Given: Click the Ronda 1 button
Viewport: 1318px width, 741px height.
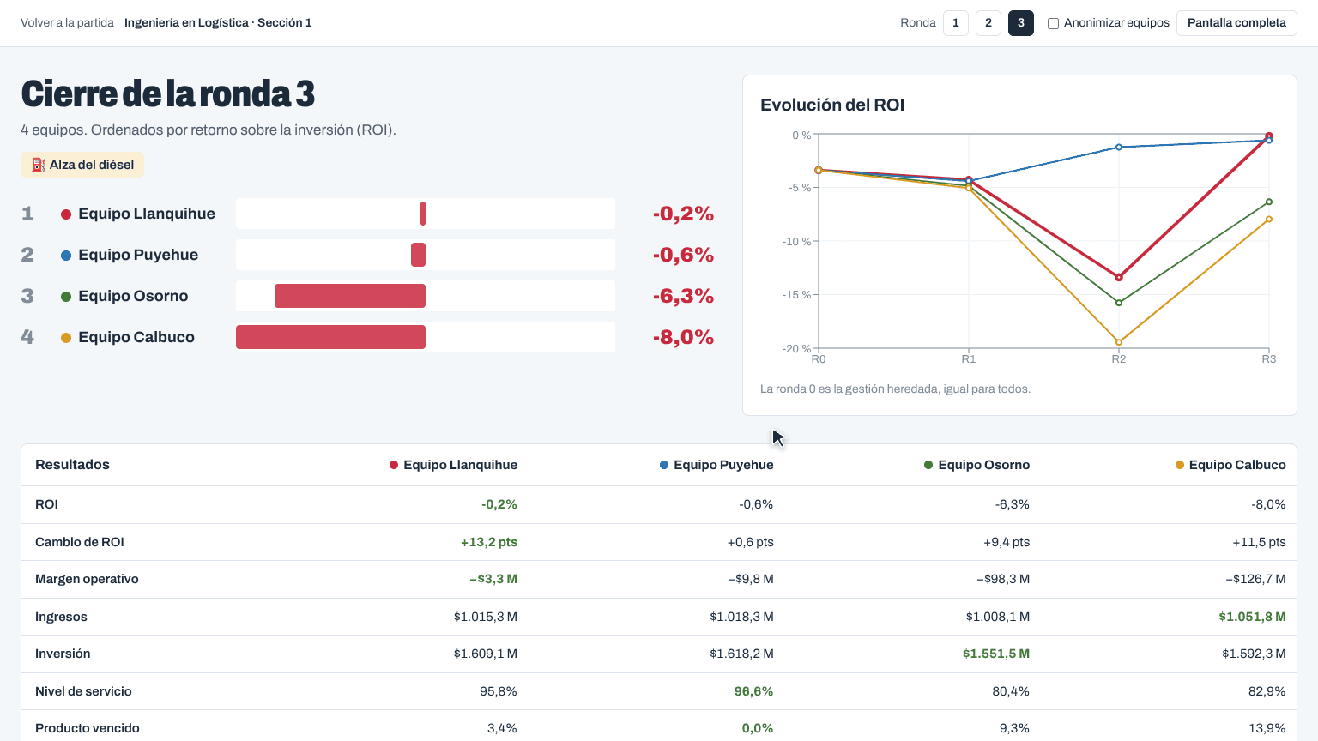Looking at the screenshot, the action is click(956, 23).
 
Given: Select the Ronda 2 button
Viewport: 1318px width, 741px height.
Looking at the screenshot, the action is click(988, 23).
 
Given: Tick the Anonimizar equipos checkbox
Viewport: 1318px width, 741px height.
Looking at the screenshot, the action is click(1053, 23).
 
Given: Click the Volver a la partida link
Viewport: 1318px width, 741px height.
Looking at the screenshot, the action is click(67, 23).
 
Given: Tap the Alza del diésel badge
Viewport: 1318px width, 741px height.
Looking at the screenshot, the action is click(82, 165).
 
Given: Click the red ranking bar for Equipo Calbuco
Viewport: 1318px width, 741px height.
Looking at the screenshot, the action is click(330, 337).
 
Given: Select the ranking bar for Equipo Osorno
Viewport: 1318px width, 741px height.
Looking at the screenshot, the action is click(350, 296).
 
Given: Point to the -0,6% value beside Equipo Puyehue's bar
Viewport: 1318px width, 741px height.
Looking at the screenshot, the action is click(683, 255).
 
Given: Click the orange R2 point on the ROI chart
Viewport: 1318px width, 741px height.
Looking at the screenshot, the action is click(1119, 342).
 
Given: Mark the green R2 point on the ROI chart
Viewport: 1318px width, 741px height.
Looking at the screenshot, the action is click(1119, 303).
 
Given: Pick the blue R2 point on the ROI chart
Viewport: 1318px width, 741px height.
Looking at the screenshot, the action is click(1119, 147).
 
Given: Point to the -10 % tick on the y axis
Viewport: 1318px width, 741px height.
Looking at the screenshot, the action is click(796, 241).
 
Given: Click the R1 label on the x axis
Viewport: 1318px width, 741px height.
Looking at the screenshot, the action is click(969, 358).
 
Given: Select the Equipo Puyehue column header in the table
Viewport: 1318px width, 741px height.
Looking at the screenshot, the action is click(716, 465).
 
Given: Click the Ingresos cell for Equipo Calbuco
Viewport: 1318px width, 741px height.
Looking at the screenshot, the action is click(1252, 617).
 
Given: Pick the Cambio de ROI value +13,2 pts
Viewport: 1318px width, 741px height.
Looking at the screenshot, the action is click(489, 542).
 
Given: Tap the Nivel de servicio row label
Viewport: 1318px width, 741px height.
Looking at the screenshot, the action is click(83, 691).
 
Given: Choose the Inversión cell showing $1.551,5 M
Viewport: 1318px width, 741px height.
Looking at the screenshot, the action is click(996, 654).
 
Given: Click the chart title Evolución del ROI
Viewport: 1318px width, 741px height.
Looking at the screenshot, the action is click(832, 105).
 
